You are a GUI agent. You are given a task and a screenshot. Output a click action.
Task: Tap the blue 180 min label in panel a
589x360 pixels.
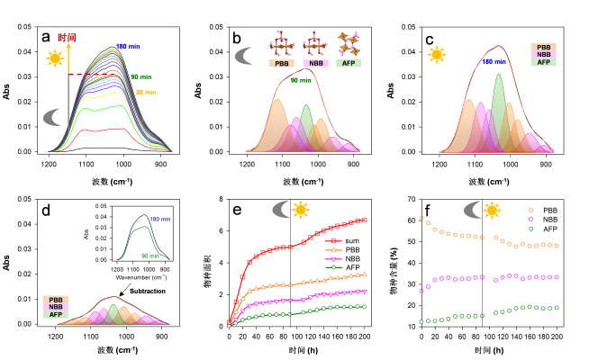[x=127, y=46]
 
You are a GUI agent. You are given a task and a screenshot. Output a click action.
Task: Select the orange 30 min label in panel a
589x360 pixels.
[x=146, y=92]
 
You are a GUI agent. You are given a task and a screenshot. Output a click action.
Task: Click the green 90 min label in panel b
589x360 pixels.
[x=301, y=82]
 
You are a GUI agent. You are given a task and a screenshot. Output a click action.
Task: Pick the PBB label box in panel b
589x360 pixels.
[x=280, y=63]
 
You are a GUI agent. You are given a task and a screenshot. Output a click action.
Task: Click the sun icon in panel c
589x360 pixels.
[x=437, y=56]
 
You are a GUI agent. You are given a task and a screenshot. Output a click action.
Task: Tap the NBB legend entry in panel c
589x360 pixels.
[x=544, y=54]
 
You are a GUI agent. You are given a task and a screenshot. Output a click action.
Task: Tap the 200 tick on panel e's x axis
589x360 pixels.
[x=365, y=336]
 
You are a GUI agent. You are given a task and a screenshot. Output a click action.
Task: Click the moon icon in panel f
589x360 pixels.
[x=472, y=211]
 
